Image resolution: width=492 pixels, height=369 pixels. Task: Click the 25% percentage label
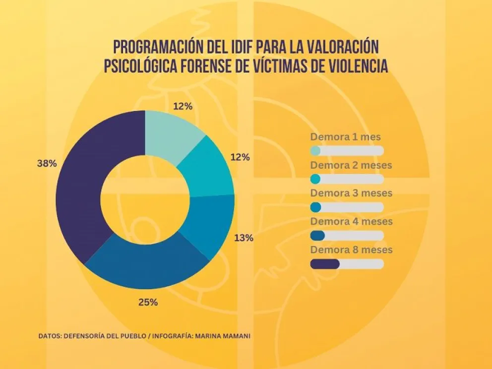tap(147, 302)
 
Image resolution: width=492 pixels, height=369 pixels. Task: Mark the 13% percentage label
tap(244, 238)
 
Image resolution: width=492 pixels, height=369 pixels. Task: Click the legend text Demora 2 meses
tap(351, 165)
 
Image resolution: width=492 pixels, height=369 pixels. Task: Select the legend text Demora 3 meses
tap(351, 193)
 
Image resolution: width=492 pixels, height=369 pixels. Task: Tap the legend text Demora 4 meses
tap(351, 221)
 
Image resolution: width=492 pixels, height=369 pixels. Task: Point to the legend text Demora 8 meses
tap(351, 249)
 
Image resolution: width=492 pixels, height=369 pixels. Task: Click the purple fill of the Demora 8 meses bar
tap(325, 264)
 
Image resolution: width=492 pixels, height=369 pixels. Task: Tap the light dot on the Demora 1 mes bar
tap(315, 151)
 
